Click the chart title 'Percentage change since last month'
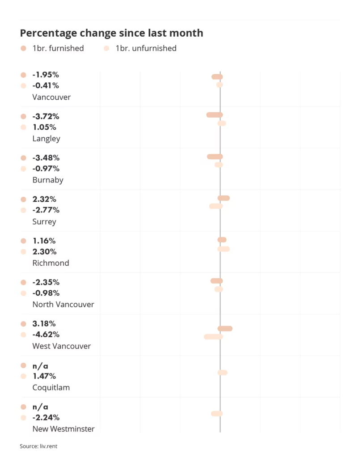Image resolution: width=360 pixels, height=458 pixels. [x=111, y=33]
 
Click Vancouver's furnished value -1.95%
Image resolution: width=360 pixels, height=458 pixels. [x=46, y=75]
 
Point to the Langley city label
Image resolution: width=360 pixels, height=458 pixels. [x=46, y=139]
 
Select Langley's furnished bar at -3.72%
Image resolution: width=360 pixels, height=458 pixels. [x=214, y=115]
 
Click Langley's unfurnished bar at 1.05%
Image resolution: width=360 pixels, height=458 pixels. [x=222, y=123]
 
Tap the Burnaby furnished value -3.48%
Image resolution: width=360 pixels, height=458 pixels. [x=46, y=158]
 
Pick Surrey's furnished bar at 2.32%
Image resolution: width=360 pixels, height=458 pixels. [x=224, y=198]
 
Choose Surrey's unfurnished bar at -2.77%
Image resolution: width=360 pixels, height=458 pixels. [x=216, y=206]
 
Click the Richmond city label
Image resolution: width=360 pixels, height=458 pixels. [x=51, y=263]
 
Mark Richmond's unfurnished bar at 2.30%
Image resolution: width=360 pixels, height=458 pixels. [x=224, y=249]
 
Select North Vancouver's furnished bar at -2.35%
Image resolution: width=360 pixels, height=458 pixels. [x=216, y=281]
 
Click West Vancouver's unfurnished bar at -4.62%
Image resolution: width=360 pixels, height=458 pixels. [x=213, y=337]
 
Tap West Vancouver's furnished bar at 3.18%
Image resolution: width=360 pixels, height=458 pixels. [x=225, y=329]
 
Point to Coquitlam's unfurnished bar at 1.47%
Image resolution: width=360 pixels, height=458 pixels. [x=222, y=373]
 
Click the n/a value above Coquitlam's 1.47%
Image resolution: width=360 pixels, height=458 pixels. [x=40, y=366]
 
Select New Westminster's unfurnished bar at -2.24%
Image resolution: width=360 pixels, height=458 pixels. [x=217, y=414]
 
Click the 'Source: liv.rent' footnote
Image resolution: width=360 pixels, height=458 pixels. [x=38, y=446]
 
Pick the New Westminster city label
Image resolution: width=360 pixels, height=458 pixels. [x=64, y=429]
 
